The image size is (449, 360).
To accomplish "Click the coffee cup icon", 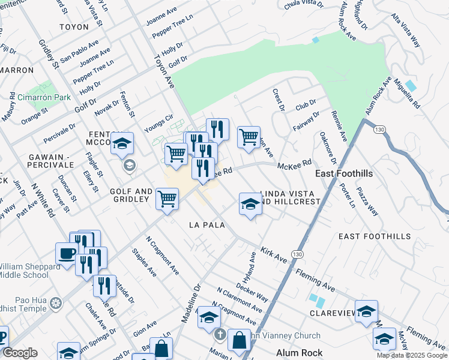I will point(67,253).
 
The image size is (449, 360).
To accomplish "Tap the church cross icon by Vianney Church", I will point(220,334).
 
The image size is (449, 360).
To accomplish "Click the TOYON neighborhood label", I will point(74,27).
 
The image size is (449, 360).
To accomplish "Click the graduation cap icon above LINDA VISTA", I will point(250,203).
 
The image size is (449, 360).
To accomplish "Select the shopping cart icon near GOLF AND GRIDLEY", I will point(167,198).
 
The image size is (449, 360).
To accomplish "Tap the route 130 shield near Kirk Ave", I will point(297,254).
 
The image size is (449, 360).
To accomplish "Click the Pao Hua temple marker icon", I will point(56,302).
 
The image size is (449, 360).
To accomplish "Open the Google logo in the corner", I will point(20,353).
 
